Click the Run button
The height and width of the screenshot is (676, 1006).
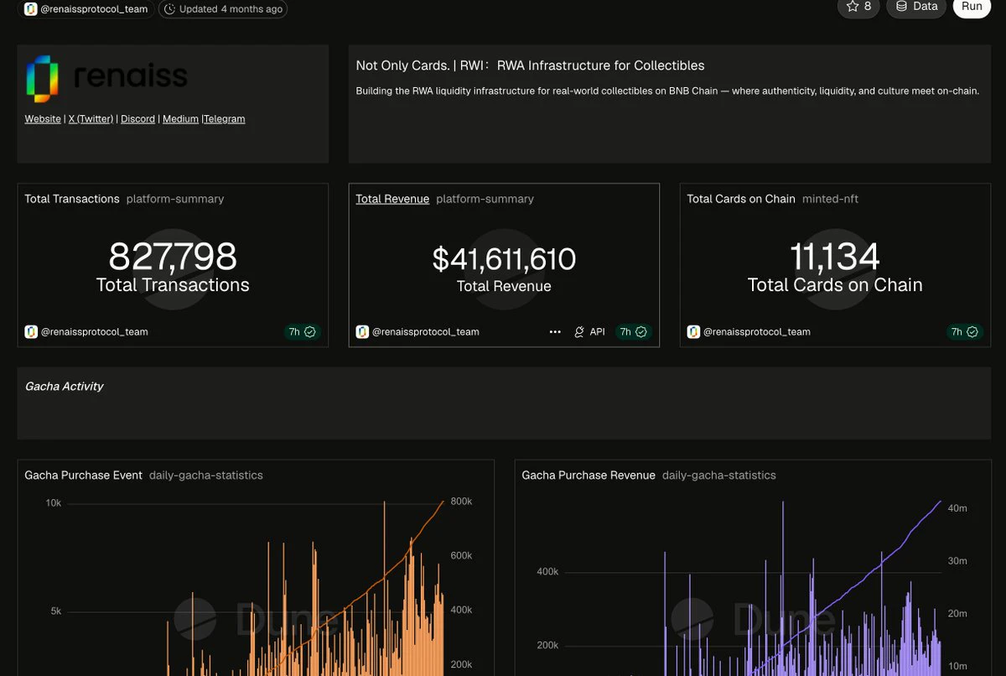coord(972,8)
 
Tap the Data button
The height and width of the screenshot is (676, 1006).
coord(915,8)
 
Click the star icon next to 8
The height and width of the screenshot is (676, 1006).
coord(852,6)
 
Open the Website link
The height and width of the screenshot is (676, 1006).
coord(43,119)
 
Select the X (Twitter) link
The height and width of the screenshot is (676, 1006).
coord(91,119)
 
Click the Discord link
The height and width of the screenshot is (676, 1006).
coord(137,119)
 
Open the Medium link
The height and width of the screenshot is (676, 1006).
coord(180,119)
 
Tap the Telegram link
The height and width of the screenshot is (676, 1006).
coord(225,119)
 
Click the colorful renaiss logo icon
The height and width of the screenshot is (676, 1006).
coord(42,79)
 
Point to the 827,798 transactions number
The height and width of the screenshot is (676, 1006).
coord(173,257)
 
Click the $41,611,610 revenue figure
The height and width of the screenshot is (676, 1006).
coord(504,259)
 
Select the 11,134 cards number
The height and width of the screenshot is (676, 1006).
coord(835,257)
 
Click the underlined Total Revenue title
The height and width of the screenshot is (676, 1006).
coord(392,199)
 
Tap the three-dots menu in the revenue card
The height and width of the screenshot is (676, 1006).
coord(555,332)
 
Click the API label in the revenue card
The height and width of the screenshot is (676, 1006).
coord(597,332)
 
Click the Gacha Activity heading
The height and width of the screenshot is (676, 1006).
coord(65,387)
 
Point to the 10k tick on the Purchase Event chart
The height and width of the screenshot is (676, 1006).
coord(53,503)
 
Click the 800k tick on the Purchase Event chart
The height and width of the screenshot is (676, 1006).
coord(461,502)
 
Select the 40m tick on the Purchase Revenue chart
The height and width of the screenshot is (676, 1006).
coord(957,508)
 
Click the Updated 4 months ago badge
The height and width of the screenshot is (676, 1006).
coord(223,9)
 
